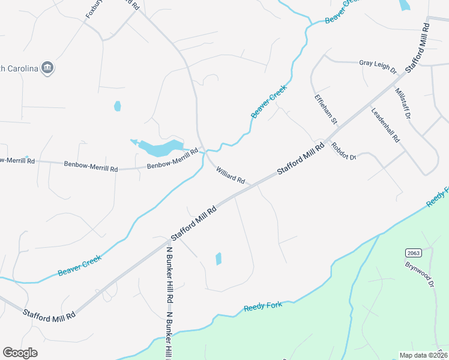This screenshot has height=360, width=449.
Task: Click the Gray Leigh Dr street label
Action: point(378,63)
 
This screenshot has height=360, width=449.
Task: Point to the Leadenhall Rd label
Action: point(385,125)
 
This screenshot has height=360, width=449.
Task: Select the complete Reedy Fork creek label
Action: point(263,307)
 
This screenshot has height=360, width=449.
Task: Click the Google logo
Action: point(20,353)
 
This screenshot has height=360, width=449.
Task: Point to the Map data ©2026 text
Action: point(423,355)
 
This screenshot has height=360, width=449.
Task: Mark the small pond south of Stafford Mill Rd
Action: point(218,259)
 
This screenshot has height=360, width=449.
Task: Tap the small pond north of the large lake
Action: point(118,106)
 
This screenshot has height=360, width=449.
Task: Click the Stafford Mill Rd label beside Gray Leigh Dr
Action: point(418,48)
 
